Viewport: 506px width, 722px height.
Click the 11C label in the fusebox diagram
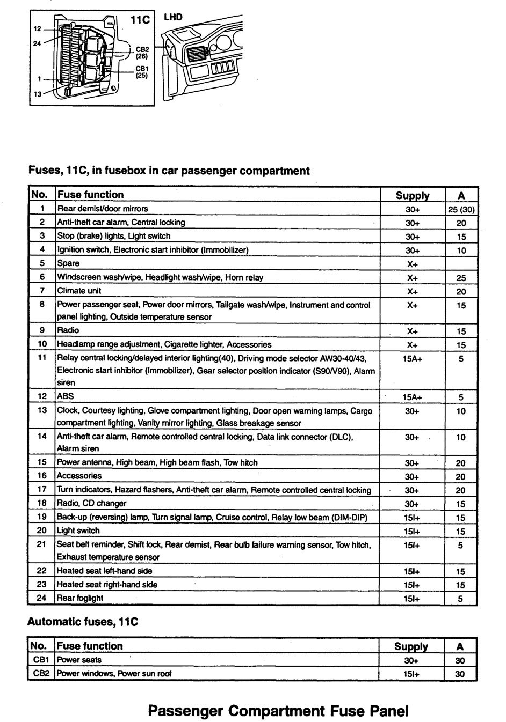(x=140, y=20)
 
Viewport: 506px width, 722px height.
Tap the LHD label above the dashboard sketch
(x=173, y=17)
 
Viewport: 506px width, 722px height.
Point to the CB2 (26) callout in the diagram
(x=142, y=52)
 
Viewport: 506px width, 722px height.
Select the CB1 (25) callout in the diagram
(x=142, y=72)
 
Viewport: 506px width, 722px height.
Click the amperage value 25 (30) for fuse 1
(x=461, y=209)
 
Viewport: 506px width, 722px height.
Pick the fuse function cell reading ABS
(x=66, y=396)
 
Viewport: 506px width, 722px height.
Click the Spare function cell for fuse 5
(x=68, y=263)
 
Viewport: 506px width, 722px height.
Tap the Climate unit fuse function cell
(x=79, y=291)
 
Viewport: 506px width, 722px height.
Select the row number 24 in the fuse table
(x=41, y=598)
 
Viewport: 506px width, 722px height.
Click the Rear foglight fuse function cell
(x=80, y=598)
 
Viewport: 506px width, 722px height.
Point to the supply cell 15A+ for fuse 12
(x=412, y=397)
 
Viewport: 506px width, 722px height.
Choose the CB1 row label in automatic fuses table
(x=41, y=660)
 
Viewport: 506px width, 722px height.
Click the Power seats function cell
(x=79, y=660)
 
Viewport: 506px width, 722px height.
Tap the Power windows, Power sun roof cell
(x=114, y=674)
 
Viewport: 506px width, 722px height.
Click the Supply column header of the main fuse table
(x=412, y=195)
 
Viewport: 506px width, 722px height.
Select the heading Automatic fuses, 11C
(x=83, y=622)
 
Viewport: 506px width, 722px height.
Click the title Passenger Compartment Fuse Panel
(x=278, y=711)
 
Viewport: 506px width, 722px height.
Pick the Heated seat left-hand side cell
(x=104, y=571)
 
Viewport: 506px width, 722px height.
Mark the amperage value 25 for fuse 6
(x=461, y=278)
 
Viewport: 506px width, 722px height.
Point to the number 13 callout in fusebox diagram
(x=38, y=94)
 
